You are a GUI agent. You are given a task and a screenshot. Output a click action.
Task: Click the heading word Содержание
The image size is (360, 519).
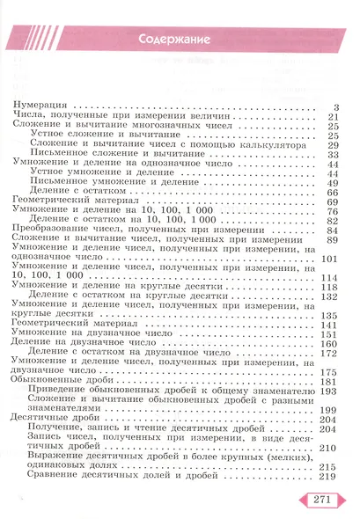tap(180, 40)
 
